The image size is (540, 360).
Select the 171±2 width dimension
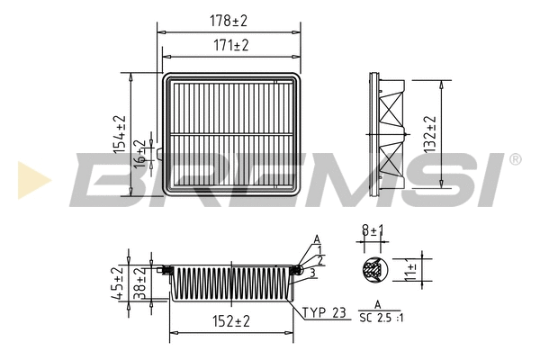pos(229,45)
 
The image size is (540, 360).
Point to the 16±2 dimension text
pos(139,153)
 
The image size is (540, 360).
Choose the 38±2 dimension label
pos(139,283)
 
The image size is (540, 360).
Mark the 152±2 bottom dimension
pos(231,321)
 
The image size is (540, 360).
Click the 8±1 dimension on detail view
pos(372,232)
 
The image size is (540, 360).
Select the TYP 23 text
pos(324,313)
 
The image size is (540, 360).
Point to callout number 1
pos(319,249)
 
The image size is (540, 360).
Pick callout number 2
pos(319,260)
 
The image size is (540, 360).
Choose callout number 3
pos(311,272)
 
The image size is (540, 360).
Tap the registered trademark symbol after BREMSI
pos(514,159)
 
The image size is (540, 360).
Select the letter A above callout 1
pos(317,238)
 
